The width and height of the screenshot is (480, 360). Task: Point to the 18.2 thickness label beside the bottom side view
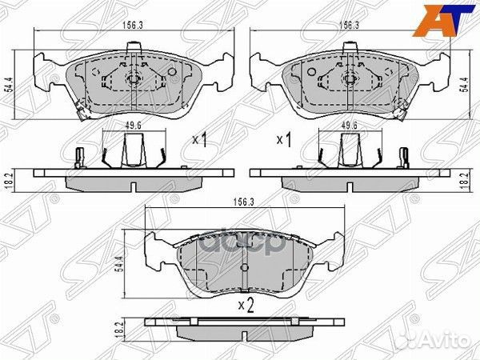[121, 328]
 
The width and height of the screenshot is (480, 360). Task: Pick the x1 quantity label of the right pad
[282, 140]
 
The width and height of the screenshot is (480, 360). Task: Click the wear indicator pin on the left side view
[78, 156]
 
